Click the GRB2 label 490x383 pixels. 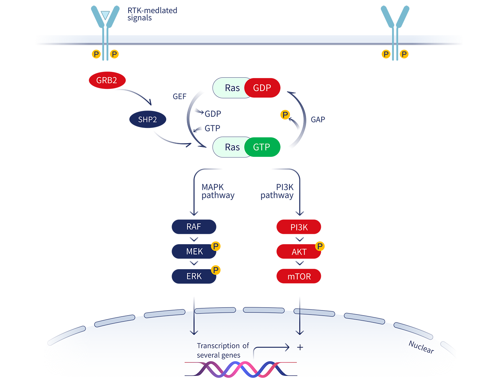point(107,80)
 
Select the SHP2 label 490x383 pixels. point(147,120)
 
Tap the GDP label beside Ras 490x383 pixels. point(262,88)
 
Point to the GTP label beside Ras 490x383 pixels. point(262,147)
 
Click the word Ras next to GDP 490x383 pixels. point(232,88)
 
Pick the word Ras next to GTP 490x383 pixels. point(232,147)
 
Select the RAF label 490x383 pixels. point(194,227)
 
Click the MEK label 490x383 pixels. point(194,251)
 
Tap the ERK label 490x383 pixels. point(194,276)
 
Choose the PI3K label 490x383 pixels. point(299,227)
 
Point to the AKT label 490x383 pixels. point(299,252)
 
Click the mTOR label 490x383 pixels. point(299,277)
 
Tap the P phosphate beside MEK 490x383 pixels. point(216,246)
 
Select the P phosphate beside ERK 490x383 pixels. point(216,270)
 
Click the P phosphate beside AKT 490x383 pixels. point(320,246)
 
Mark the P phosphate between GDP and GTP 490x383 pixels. point(285,115)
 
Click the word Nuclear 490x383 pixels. point(421,347)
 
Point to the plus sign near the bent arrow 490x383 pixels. point(300,347)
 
